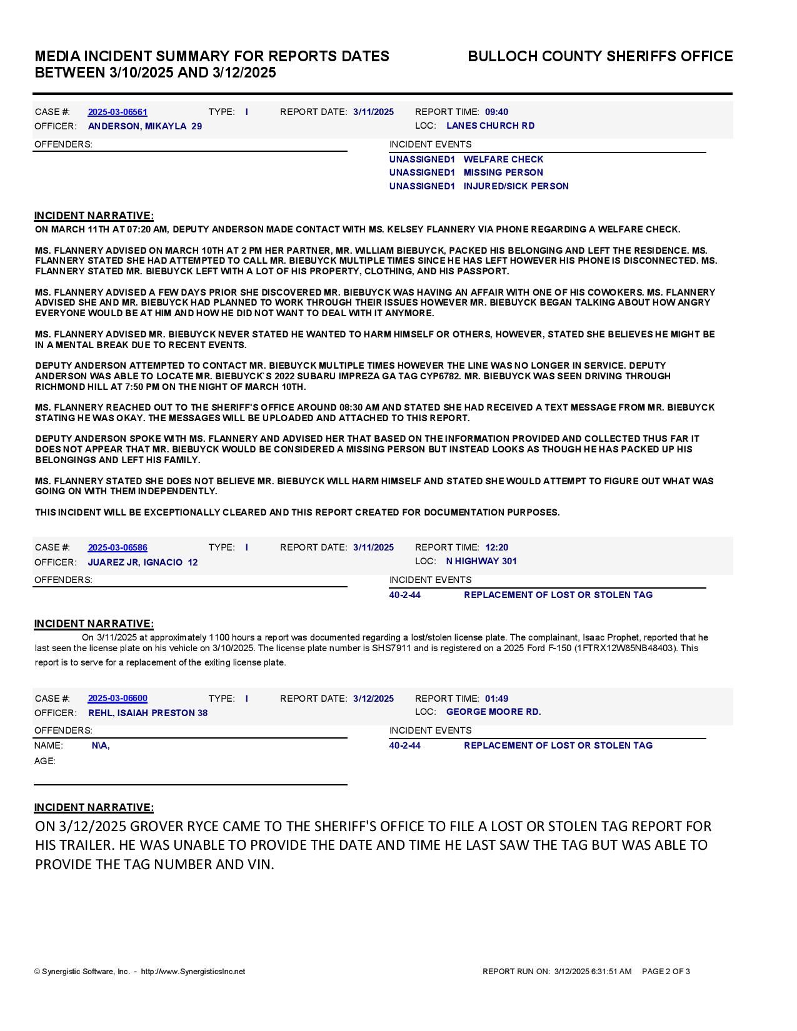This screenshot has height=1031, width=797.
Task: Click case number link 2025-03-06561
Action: coord(118,112)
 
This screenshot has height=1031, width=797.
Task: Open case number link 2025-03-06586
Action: coord(118,547)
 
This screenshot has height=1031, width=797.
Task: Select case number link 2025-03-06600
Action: coord(118,698)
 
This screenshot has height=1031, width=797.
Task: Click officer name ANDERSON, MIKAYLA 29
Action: coord(144,126)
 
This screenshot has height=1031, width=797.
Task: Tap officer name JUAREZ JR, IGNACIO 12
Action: coord(143,562)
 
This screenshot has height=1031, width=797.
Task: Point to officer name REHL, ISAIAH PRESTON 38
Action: coord(148,713)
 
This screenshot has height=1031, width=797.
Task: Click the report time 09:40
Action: coord(496,112)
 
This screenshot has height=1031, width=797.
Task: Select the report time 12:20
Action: coord(496,547)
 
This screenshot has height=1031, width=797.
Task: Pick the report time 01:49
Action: coord(496,699)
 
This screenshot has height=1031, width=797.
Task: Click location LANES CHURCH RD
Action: coord(490,126)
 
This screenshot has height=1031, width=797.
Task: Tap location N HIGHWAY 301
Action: coord(481,561)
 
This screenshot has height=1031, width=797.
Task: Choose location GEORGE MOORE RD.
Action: coord(493,712)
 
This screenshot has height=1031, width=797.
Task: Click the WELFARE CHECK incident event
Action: coord(503,159)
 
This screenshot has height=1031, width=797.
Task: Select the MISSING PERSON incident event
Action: coord(503,172)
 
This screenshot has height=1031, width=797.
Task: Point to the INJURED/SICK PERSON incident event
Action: coord(516,186)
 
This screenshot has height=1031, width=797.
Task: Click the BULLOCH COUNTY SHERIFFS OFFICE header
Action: coord(600,56)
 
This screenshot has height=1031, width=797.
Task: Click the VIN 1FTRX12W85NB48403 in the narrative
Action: coord(627,648)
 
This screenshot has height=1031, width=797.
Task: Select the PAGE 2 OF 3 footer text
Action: coord(666,971)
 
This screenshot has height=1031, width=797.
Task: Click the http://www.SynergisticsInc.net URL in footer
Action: coord(193,971)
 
